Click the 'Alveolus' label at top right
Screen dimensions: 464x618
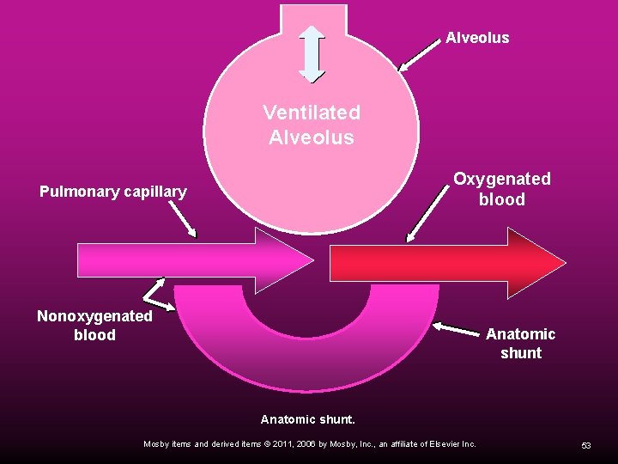[x=477, y=38]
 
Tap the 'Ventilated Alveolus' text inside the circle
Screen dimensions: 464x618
[x=312, y=125]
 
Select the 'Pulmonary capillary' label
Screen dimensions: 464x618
[x=112, y=192]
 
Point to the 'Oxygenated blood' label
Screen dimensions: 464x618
[x=502, y=189]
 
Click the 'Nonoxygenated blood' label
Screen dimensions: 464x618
[x=94, y=326]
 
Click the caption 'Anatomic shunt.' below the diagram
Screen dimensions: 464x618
[x=308, y=420]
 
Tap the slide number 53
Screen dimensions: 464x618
[x=586, y=445]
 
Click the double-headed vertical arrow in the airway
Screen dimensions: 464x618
[x=312, y=53]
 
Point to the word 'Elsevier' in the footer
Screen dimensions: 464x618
[x=434, y=444]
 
